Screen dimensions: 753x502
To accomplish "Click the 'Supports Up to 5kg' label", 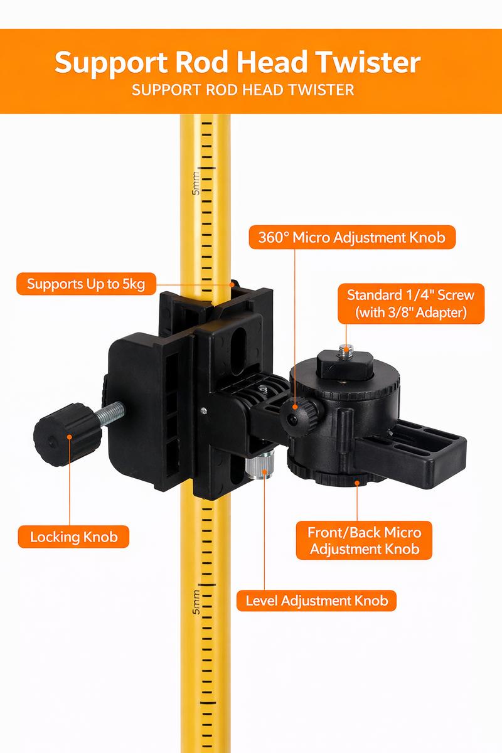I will coord(86,284).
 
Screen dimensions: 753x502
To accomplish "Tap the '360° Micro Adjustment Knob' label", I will coord(352,238).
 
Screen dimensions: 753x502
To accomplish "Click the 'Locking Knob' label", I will coord(74,537).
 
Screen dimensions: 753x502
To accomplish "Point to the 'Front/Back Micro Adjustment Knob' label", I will coord(364,541).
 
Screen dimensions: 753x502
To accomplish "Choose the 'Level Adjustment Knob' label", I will coord(317,601).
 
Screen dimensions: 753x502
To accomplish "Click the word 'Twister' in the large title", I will coord(358,63).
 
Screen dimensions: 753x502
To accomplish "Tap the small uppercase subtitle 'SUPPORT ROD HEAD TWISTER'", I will coord(243,90).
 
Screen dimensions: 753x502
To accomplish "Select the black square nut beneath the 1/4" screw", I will coord(341,363).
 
